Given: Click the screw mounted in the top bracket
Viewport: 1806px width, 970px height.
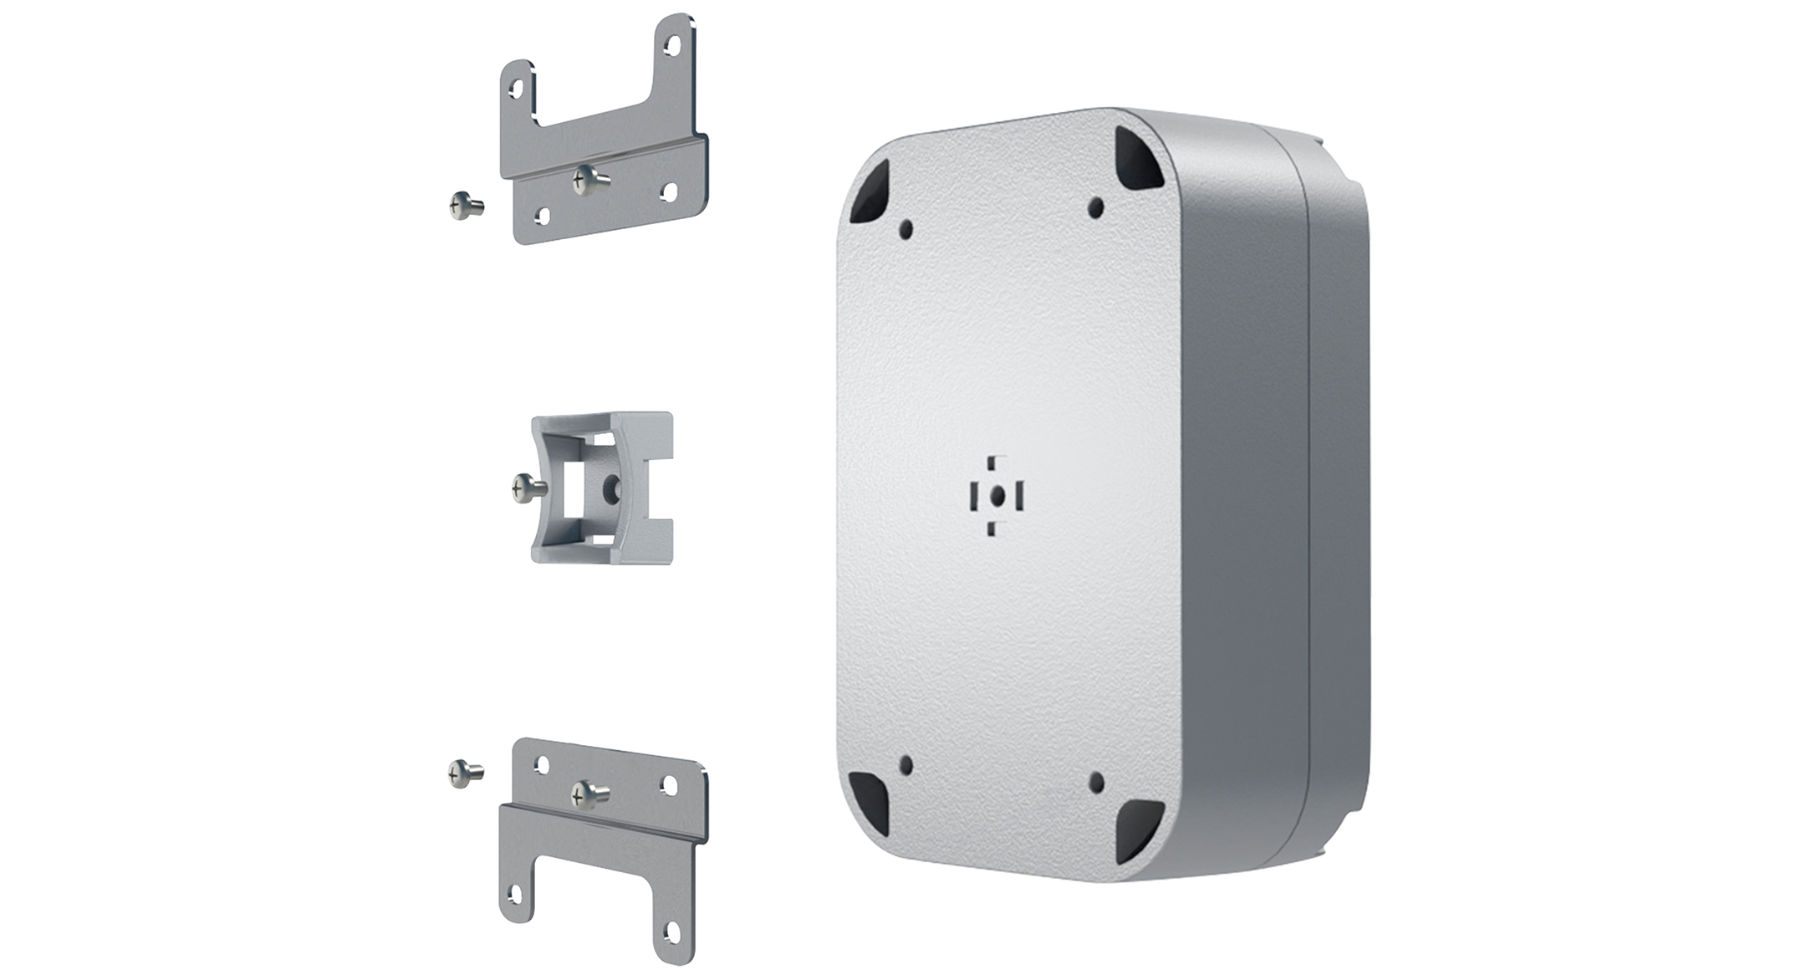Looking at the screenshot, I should pos(588,178).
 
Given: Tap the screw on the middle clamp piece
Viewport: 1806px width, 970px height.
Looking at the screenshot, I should pos(528,488).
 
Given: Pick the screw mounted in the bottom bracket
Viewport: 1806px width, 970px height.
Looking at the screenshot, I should pos(588,794).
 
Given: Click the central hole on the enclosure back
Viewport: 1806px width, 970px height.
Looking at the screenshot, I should pos(997,496).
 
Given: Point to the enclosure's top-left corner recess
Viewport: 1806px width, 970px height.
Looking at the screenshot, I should pos(870,193).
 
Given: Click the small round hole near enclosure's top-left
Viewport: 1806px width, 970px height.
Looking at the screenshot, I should pos(906,227).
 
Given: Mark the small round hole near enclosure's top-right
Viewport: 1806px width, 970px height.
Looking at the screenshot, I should pos(1096,207).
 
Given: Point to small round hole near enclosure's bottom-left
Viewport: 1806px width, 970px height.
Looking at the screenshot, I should pos(906,763).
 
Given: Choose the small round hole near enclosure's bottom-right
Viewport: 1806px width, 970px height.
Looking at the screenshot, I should pos(1096,783).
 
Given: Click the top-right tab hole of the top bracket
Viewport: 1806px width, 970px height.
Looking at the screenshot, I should pos(671,46).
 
